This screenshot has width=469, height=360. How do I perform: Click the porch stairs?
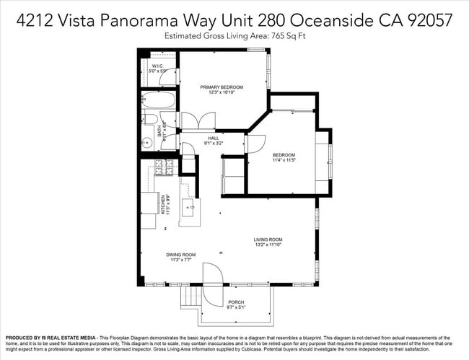pyautogui.click(x=190, y=295)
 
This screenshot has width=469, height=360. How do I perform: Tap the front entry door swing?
pyautogui.click(x=214, y=273)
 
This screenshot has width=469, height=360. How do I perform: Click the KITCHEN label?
pyautogui.click(x=165, y=205)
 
